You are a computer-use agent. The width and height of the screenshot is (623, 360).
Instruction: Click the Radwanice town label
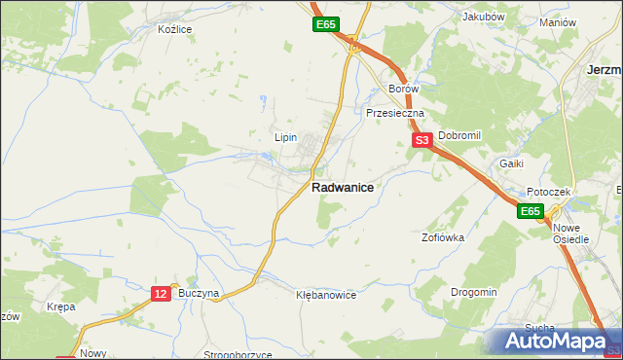tap(343, 190)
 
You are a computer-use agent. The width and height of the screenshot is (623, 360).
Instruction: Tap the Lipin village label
tap(285, 137)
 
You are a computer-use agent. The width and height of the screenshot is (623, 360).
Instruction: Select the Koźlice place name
tap(175, 29)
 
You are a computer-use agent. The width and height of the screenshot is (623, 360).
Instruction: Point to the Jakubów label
tap(484, 17)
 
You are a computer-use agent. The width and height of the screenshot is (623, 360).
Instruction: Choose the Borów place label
tap(403, 89)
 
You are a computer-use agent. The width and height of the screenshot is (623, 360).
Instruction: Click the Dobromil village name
tap(459, 136)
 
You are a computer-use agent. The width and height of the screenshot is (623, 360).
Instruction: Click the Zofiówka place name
tap(443, 236)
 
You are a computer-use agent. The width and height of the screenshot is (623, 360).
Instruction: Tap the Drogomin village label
tap(474, 292)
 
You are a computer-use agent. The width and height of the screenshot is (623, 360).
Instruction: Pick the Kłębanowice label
tap(326, 294)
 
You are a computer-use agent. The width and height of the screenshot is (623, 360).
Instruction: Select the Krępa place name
tap(61, 306)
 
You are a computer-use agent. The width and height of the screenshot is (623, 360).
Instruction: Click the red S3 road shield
tap(421, 141)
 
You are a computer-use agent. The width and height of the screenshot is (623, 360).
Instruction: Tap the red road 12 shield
tap(162, 293)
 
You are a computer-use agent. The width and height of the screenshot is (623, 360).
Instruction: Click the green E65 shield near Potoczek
tap(529, 211)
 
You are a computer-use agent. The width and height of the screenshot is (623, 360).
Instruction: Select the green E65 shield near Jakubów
tap(325, 24)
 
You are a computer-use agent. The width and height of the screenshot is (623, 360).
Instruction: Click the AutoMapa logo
tap(559, 341)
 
